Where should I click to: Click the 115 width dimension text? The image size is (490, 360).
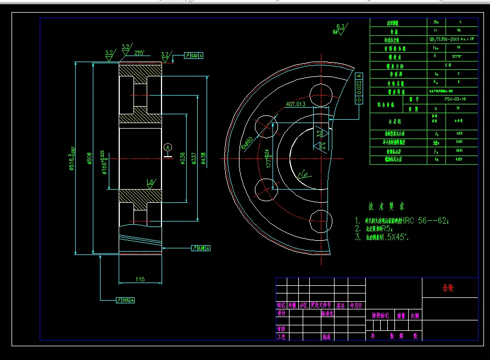(x=140, y=280)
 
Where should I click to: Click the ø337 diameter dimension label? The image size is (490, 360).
(x=193, y=159)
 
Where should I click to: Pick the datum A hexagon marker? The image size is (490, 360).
(x=168, y=147)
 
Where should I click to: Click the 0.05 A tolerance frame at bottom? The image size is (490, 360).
(x=126, y=300)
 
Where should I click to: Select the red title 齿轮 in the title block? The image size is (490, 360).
(x=448, y=287)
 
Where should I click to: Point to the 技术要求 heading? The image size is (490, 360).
(x=386, y=207)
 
